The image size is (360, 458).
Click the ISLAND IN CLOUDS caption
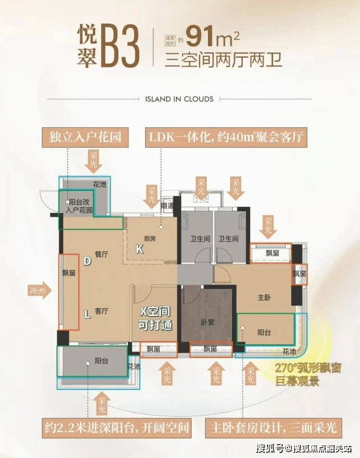(179, 99)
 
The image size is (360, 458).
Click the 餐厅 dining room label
(101, 255)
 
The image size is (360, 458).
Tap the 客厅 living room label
(101, 311)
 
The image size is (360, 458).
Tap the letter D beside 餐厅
(87, 261)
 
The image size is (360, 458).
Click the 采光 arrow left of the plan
(38, 291)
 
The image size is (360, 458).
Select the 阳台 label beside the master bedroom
(264, 332)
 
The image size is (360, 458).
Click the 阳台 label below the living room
(101, 361)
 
